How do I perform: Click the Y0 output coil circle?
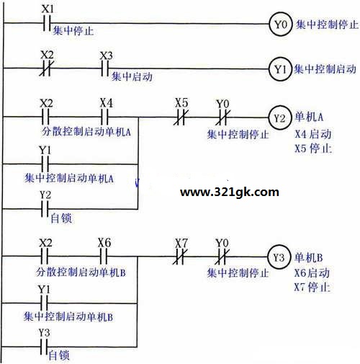pyautogui.click(x=281, y=24)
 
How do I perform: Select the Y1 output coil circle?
pyautogui.click(x=280, y=69)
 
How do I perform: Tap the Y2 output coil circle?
pyautogui.click(x=279, y=117)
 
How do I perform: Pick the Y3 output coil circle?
pyautogui.click(x=279, y=257)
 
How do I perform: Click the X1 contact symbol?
pyautogui.click(x=47, y=23)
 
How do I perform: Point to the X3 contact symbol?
pyautogui.click(x=104, y=68)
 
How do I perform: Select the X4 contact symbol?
pyautogui.click(x=104, y=117)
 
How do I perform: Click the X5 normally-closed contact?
pyautogui.click(x=181, y=117)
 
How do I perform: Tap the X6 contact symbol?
pyautogui.click(x=103, y=257)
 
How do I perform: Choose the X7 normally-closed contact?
pyautogui.click(x=180, y=257)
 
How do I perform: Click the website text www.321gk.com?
pyautogui.click(x=230, y=192)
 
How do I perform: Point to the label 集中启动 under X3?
pyautogui.click(x=132, y=77)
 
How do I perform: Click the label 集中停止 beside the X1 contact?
pyautogui.click(x=73, y=31)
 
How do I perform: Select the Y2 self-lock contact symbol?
pyautogui.click(x=45, y=209)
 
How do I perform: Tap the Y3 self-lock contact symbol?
pyautogui.click(x=43, y=347)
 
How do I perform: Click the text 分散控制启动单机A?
pyautogui.click(x=86, y=132)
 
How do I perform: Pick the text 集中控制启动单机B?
pyautogui.click(x=68, y=316)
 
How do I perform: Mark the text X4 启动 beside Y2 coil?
pyautogui.click(x=313, y=134)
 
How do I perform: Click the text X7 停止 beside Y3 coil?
pyautogui.click(x=312, y=287)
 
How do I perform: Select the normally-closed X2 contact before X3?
pyautogui.click(x=47, y=68)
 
